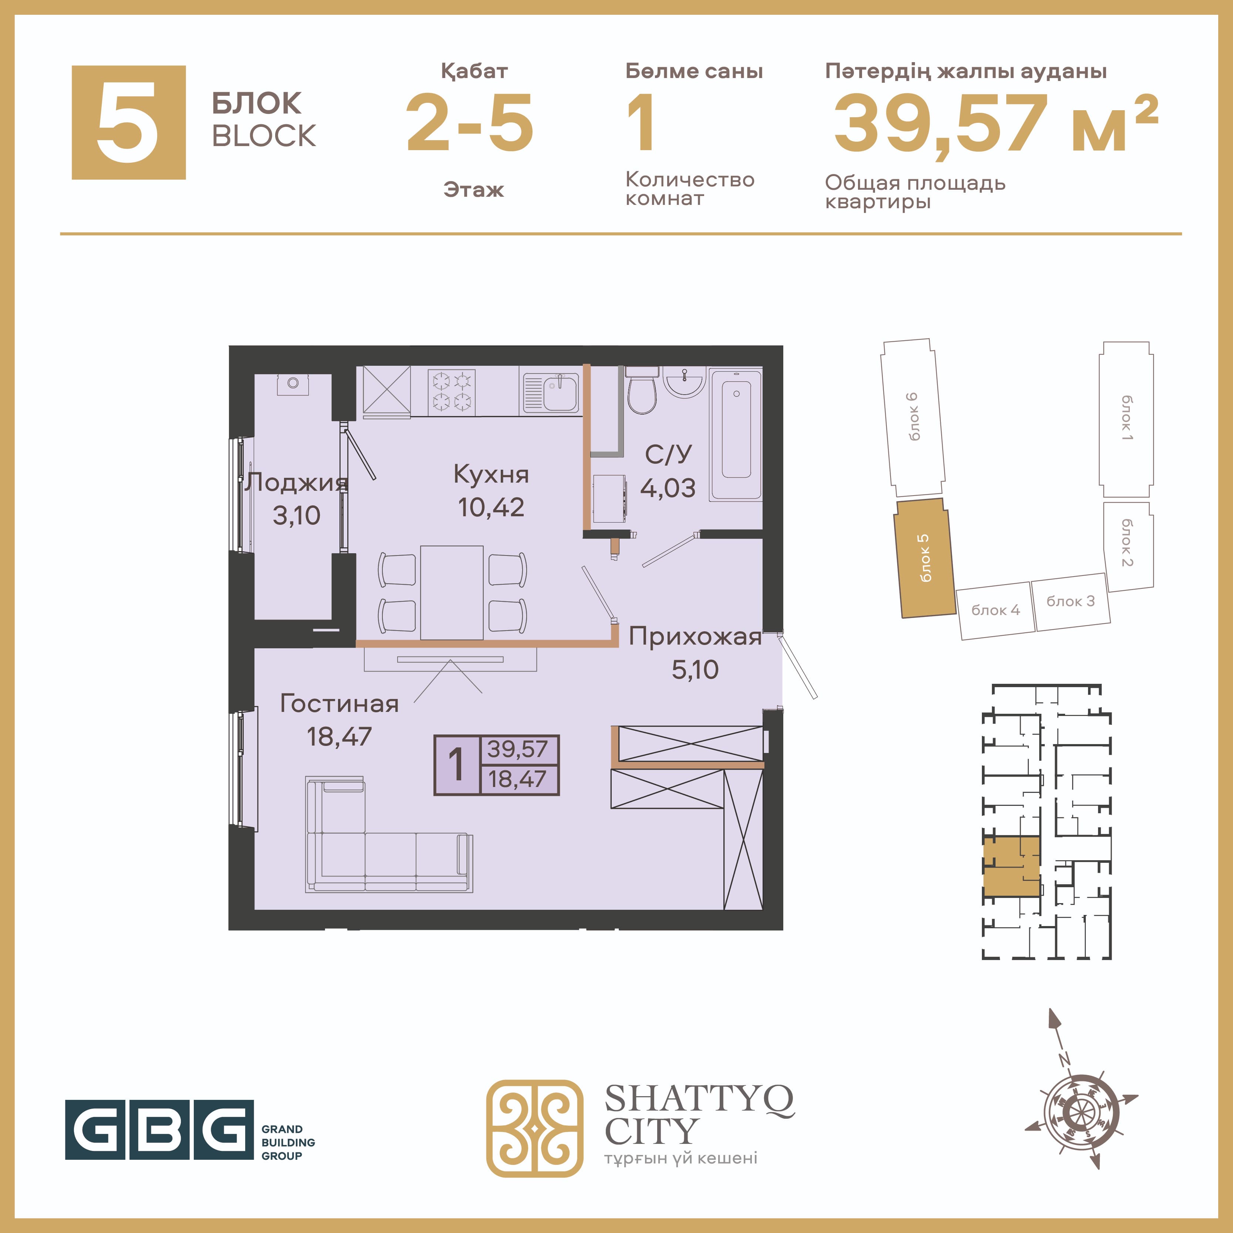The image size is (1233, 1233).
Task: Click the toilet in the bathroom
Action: [641, 389]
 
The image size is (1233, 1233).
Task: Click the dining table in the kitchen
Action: [451, 592]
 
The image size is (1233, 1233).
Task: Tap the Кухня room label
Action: [491, 474]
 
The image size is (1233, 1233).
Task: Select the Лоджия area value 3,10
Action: [296, 515]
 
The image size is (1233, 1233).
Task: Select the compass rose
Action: [1081, 1111]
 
